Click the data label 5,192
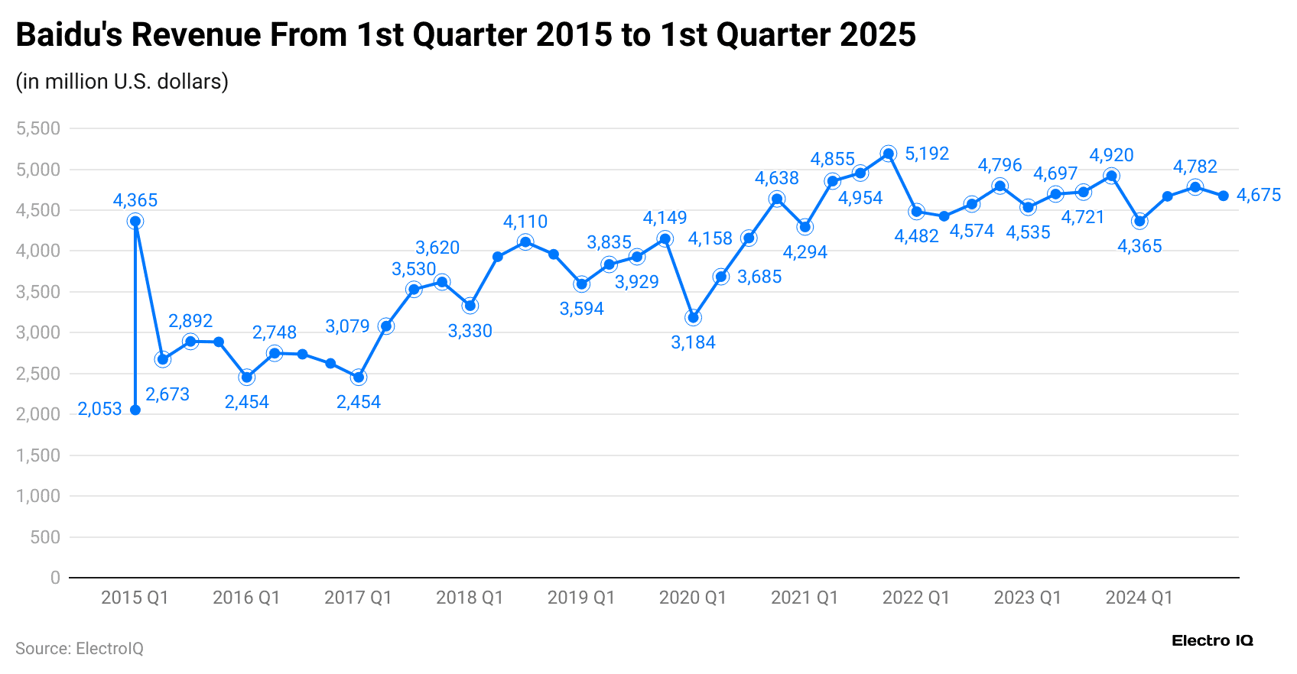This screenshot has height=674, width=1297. point(926,154)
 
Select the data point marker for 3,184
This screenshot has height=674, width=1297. point(694,317)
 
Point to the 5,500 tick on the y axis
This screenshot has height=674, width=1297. point(38,128)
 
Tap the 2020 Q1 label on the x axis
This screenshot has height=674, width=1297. point(693,598)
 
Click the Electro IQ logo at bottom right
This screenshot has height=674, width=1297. point(1212,640)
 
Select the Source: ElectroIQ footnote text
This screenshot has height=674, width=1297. point(80,649)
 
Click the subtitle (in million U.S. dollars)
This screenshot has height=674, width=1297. point(122,81)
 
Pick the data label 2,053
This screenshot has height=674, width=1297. point(100,409)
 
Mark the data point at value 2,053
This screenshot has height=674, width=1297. point(135,410)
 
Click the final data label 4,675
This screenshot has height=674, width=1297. point(1259,195)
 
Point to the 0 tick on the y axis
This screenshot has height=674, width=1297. point(55,578)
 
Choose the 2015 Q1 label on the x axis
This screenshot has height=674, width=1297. point(135,598)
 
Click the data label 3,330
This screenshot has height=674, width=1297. point(470,331)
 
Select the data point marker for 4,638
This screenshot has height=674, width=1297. point(777,199)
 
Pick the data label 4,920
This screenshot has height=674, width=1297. point(1111,155)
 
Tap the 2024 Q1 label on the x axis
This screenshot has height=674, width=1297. point(1139,598)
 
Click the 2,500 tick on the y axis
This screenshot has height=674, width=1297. point(38,374)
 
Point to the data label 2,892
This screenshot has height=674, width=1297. point(190,321)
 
